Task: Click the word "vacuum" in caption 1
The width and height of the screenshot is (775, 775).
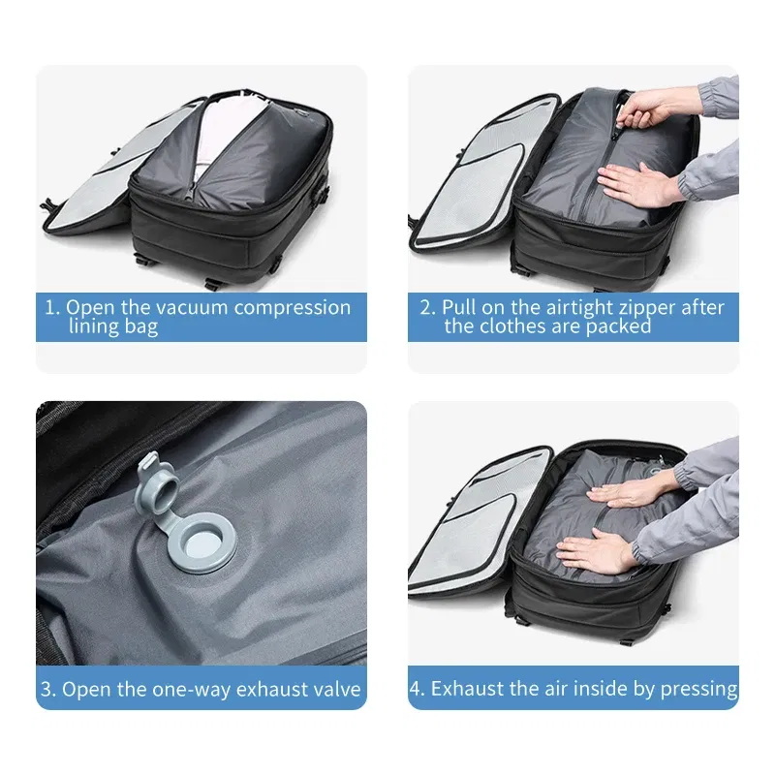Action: click(183, 308)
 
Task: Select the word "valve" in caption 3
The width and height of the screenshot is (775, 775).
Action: click(335, 690)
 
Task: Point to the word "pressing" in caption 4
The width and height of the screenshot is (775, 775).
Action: click(698, 689)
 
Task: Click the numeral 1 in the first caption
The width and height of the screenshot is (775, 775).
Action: click(50, 308)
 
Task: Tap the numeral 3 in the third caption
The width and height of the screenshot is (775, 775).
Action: click(47, 690)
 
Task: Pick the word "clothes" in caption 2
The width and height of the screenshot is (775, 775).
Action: click(517, 326)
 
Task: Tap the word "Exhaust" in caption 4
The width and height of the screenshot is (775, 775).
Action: click(469, 689)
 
